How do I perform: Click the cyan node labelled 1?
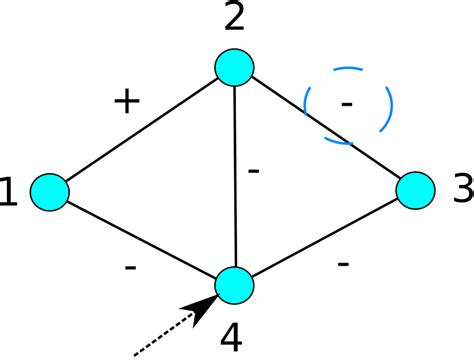(49, 191)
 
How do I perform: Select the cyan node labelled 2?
(234, 66)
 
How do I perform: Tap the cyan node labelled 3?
(416, 189)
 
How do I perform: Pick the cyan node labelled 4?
(234, 285)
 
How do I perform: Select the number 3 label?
(460, 187)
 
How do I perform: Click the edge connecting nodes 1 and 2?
(141, 129)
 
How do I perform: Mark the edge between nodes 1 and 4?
(141, 238)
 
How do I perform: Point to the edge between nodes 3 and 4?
(325, 237)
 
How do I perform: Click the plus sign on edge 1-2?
(126, 102)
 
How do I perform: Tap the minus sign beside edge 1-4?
(131, 267)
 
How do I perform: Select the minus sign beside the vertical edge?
(253, 171)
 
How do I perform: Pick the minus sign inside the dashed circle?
(346, 102)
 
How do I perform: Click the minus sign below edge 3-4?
(343, 263)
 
